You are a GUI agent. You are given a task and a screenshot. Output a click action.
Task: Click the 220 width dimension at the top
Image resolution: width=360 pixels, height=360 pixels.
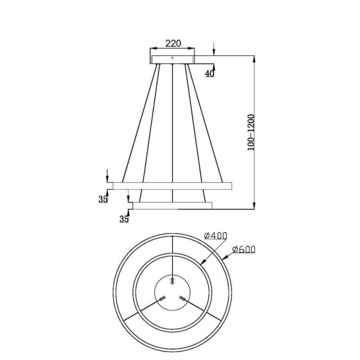coord(173,44)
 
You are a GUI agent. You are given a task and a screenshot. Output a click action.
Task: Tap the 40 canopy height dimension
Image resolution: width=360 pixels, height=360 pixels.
coord(209,74)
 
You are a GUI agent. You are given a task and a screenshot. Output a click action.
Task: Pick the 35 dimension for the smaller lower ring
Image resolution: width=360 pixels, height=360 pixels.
coord(124,218)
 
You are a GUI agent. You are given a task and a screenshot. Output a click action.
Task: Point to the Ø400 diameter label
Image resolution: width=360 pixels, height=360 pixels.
coord(215,236)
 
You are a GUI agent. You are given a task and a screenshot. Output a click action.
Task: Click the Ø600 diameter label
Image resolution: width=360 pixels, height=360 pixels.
coord(243,248)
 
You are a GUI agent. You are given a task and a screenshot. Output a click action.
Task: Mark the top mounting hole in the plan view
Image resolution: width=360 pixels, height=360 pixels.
coord(173,280)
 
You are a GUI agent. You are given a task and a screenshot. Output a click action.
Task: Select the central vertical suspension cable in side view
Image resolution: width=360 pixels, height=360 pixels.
coord(173,120)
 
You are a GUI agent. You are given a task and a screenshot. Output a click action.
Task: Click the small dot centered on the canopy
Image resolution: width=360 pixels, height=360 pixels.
coord(173,58)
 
